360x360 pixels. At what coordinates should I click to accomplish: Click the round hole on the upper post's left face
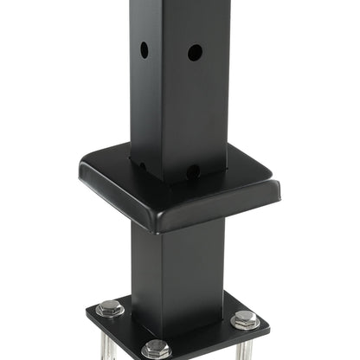[145, 50]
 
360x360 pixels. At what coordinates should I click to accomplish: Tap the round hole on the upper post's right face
[195, 53]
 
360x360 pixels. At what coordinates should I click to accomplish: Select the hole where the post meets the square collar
[193, 171]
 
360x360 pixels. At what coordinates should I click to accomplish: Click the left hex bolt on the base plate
[110, 307]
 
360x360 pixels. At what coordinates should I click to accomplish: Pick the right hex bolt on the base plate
[245, 318]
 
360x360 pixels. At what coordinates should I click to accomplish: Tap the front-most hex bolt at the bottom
[156, 349]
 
